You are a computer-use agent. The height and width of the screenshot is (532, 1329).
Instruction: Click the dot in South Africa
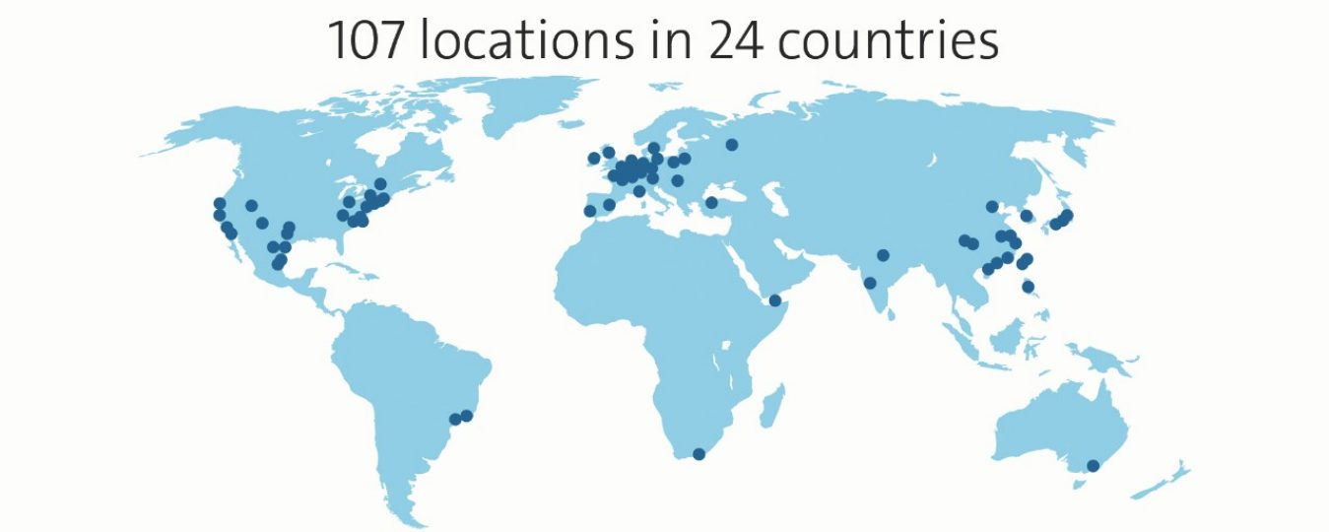[699, 454]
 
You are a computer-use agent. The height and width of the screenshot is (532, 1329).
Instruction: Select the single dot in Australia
[1092, 465]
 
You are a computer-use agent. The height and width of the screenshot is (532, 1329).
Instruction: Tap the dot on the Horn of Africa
[775, 300]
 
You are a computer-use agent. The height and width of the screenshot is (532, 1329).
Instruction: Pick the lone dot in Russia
[732, 145]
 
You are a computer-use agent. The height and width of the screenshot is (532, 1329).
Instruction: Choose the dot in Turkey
[711, 203]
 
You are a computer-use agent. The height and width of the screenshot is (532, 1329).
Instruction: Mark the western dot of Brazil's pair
[455, 420]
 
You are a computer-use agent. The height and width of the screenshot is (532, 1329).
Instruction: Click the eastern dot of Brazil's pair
[467, 416]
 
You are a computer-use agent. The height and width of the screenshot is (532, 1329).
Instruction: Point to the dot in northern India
[883, 255]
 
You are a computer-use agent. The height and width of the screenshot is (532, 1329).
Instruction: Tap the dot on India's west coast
[870, 284]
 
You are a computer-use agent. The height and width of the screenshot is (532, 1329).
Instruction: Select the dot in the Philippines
[1029, 287]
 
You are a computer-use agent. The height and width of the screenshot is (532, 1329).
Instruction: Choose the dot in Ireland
[594, 158]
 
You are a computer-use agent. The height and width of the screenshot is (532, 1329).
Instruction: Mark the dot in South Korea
[1027, 216]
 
